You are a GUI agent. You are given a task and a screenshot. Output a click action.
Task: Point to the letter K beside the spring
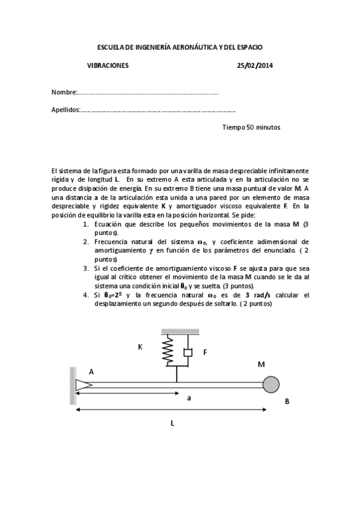[x=140, y=347]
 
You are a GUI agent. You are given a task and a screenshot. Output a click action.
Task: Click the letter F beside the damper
[x=205, y=352]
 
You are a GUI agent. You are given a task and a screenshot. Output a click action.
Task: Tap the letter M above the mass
[x=261, y=364]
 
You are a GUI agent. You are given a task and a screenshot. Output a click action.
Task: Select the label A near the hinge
[x=91, y=372]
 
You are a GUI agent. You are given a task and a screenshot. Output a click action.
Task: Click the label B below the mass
[x=287, y=401]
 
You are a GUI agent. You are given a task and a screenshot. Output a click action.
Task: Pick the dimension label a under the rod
[x=189, y=398]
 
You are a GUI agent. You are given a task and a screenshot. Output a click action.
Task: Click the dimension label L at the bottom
[x=172, y=423]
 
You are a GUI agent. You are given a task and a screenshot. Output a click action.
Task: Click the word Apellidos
[x=66, y=110]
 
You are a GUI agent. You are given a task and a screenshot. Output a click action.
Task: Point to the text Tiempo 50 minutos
[x=251, y=127]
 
